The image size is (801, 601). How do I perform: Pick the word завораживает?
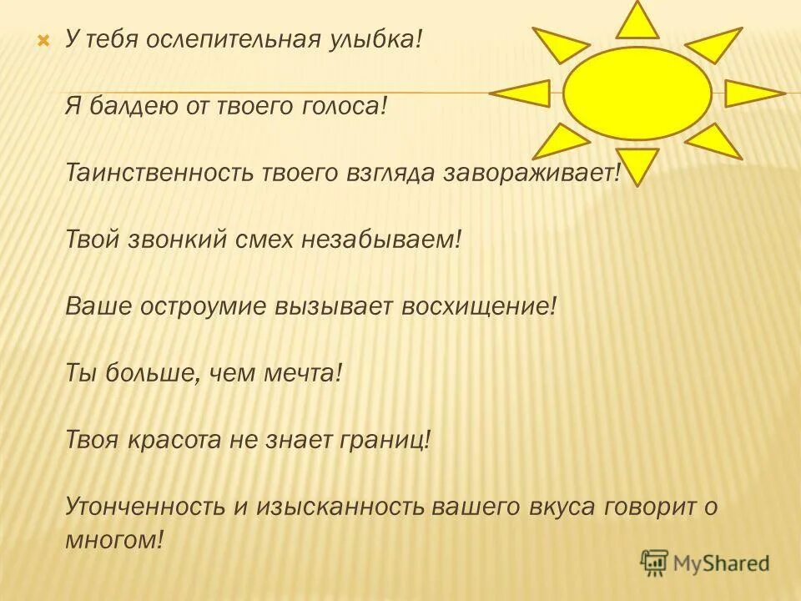(x=534, y=174)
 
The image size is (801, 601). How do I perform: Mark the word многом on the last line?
(x=111, y=540)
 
